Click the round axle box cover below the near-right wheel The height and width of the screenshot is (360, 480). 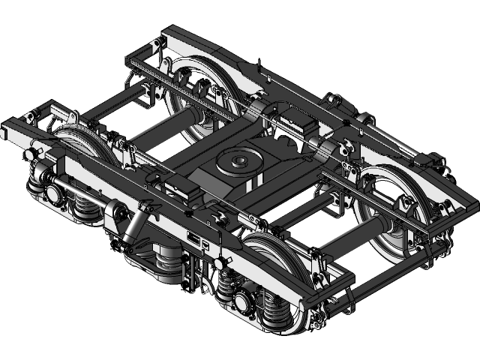point(241,302)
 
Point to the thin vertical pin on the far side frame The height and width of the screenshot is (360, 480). point(257,67)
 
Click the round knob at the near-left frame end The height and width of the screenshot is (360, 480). point(31,154)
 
